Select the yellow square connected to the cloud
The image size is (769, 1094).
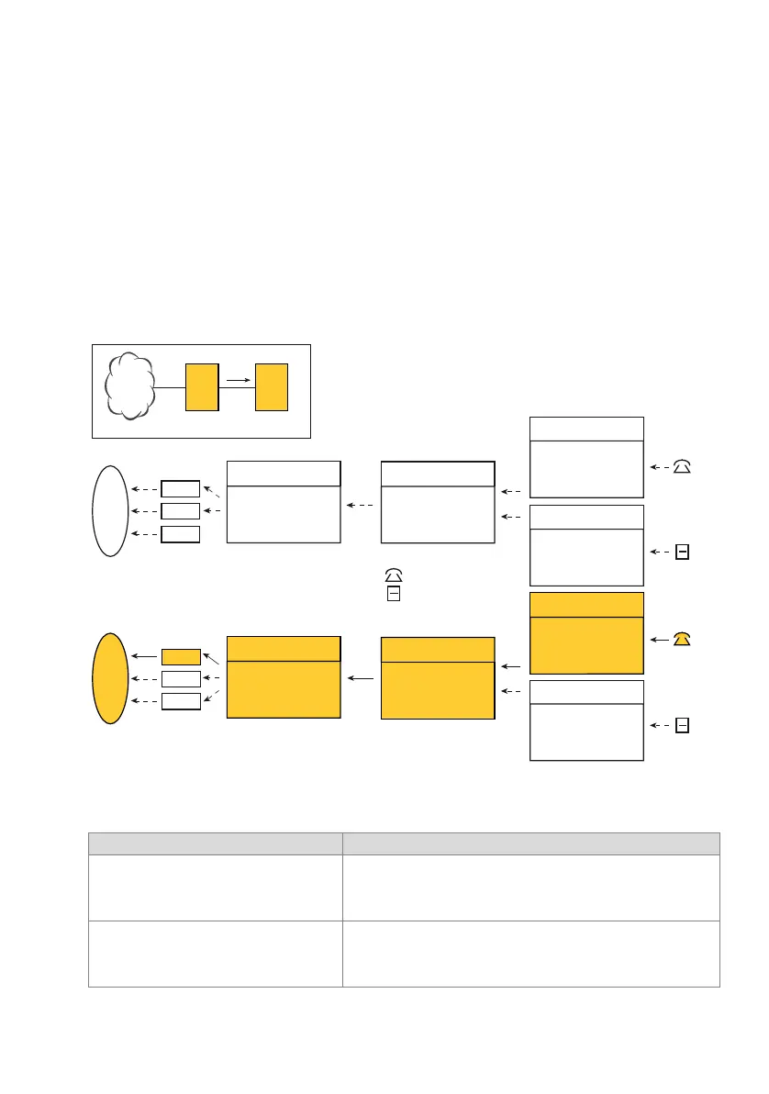(202, 386)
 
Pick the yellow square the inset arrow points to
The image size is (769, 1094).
(272, 386)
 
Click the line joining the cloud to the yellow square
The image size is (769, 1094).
(169, 388)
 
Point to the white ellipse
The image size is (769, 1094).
(109, 510)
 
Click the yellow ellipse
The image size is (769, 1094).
(109, 678)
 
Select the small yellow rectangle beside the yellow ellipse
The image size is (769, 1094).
(181, 656)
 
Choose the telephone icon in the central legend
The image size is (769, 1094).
(393, 575)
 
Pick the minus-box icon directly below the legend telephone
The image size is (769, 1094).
(393, 595)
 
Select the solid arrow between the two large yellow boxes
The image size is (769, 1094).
(361, 679)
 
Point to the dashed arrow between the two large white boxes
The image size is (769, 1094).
(361, 505)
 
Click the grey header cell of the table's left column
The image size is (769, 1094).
(215, 843)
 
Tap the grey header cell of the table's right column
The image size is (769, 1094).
(530, 843)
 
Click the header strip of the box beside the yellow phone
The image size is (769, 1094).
(586, 605)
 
